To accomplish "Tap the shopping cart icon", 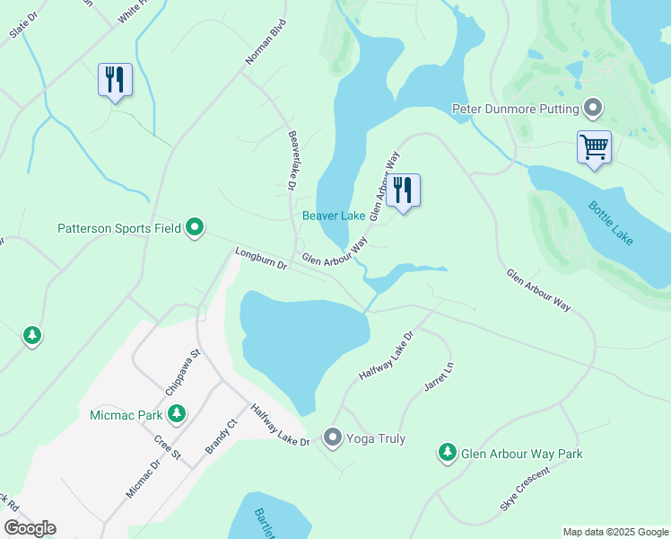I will tap(594, 146).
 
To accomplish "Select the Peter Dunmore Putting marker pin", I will tap(593, 109).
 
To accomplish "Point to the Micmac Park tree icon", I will tap(178, 414).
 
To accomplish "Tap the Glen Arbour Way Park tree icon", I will tap(448, 453).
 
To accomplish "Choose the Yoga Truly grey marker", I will tap(333, 438).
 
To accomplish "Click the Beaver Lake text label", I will tap(334, 216).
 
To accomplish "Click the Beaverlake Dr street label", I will tap(292, 160).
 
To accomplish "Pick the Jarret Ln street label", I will tap(439, 377).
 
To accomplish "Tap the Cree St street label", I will tap(168, 448).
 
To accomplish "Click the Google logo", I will tap(29, 528).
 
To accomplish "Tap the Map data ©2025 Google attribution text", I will tap(615, 532).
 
